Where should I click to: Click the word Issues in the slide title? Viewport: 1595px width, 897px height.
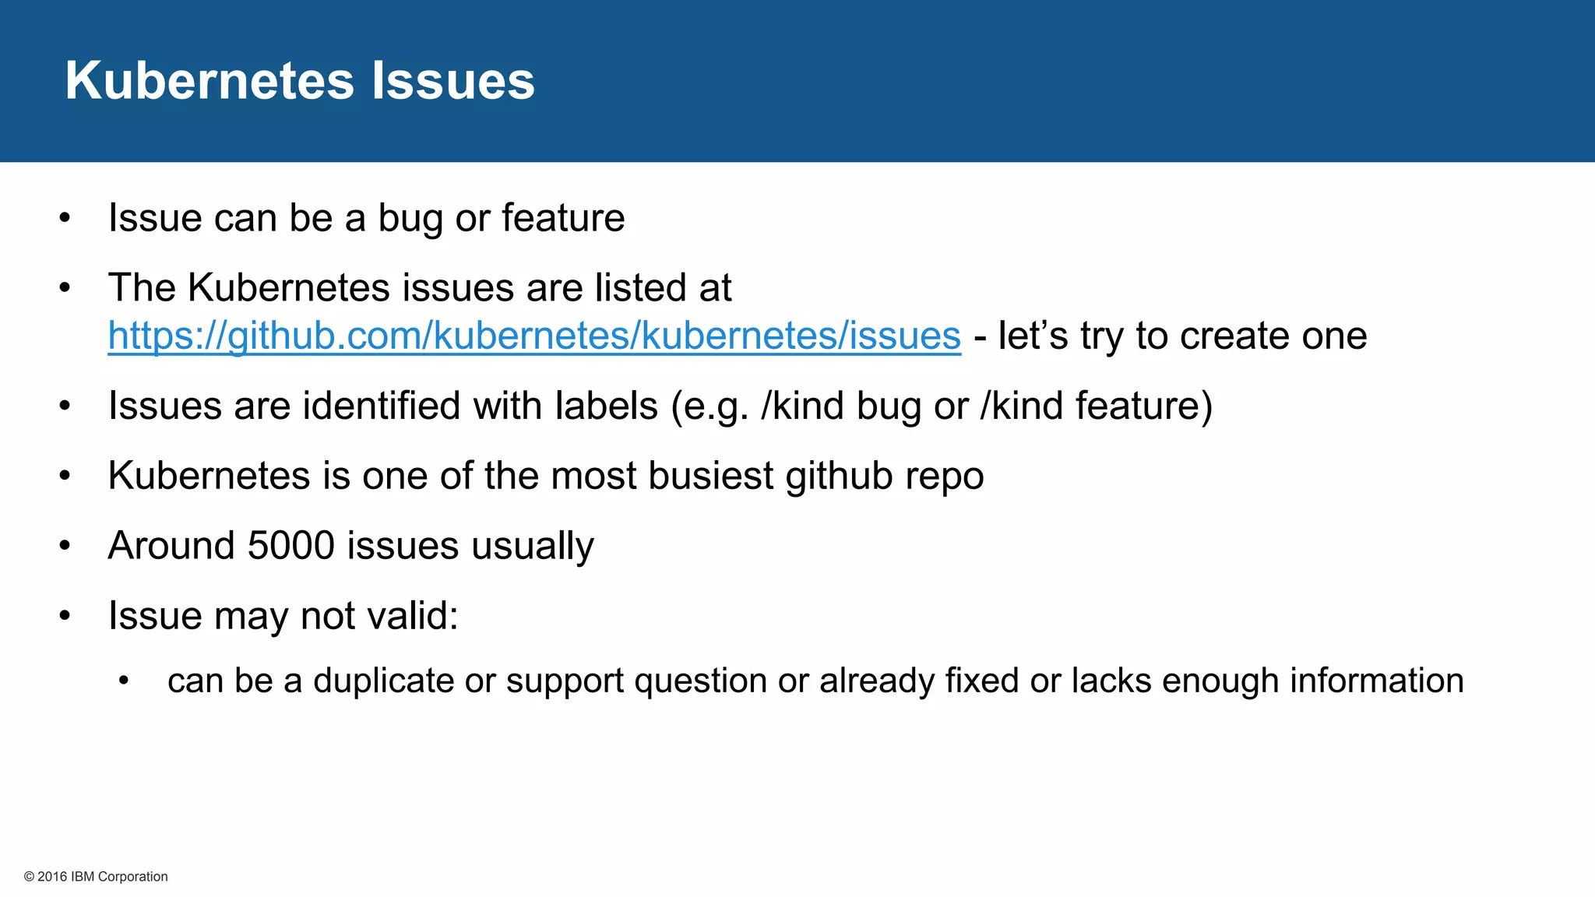tap(452, 81)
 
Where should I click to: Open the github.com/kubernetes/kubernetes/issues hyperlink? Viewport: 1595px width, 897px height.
tap(534, 336)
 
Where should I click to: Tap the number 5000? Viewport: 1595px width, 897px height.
tap(290, 545)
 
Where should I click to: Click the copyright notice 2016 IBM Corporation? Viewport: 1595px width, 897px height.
tap(96, 877)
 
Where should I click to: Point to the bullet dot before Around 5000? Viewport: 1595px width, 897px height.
tap(65, 546)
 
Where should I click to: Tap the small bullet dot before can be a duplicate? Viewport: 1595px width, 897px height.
tap(123, 681)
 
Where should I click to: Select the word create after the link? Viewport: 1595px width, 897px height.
tap(1234, 336)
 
